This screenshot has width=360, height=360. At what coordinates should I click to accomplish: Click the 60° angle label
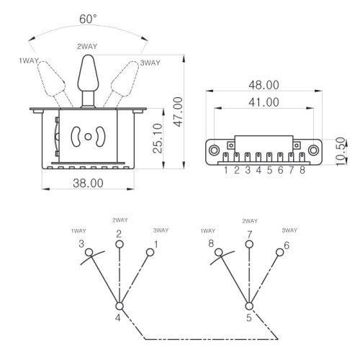88,19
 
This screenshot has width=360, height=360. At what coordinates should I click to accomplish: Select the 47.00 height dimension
179,112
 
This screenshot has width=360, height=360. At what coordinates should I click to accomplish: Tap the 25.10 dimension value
158,138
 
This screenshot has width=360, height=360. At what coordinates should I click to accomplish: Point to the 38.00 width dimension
88,183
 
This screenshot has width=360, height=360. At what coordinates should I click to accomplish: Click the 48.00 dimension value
264,85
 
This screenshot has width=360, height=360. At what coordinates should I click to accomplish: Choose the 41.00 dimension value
264,102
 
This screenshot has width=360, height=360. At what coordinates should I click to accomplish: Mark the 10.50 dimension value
341,151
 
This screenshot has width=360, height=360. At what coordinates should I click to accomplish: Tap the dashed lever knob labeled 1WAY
52,79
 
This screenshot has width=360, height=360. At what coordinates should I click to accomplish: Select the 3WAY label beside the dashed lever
150,63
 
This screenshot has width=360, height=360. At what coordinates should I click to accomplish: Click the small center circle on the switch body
88,137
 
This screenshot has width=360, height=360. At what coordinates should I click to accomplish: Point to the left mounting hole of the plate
214,150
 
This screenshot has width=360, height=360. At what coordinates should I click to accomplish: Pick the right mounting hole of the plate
313,150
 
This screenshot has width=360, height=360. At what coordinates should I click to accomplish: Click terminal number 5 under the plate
269,170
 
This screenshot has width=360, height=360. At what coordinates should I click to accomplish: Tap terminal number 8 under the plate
302,170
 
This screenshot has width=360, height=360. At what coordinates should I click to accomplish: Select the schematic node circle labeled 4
120,306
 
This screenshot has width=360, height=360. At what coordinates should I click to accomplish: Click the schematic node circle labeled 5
249,306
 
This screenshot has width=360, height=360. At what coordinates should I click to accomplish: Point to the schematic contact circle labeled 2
120,244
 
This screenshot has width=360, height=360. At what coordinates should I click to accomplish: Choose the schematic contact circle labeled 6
280,253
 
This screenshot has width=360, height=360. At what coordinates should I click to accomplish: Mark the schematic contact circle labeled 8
219,253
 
